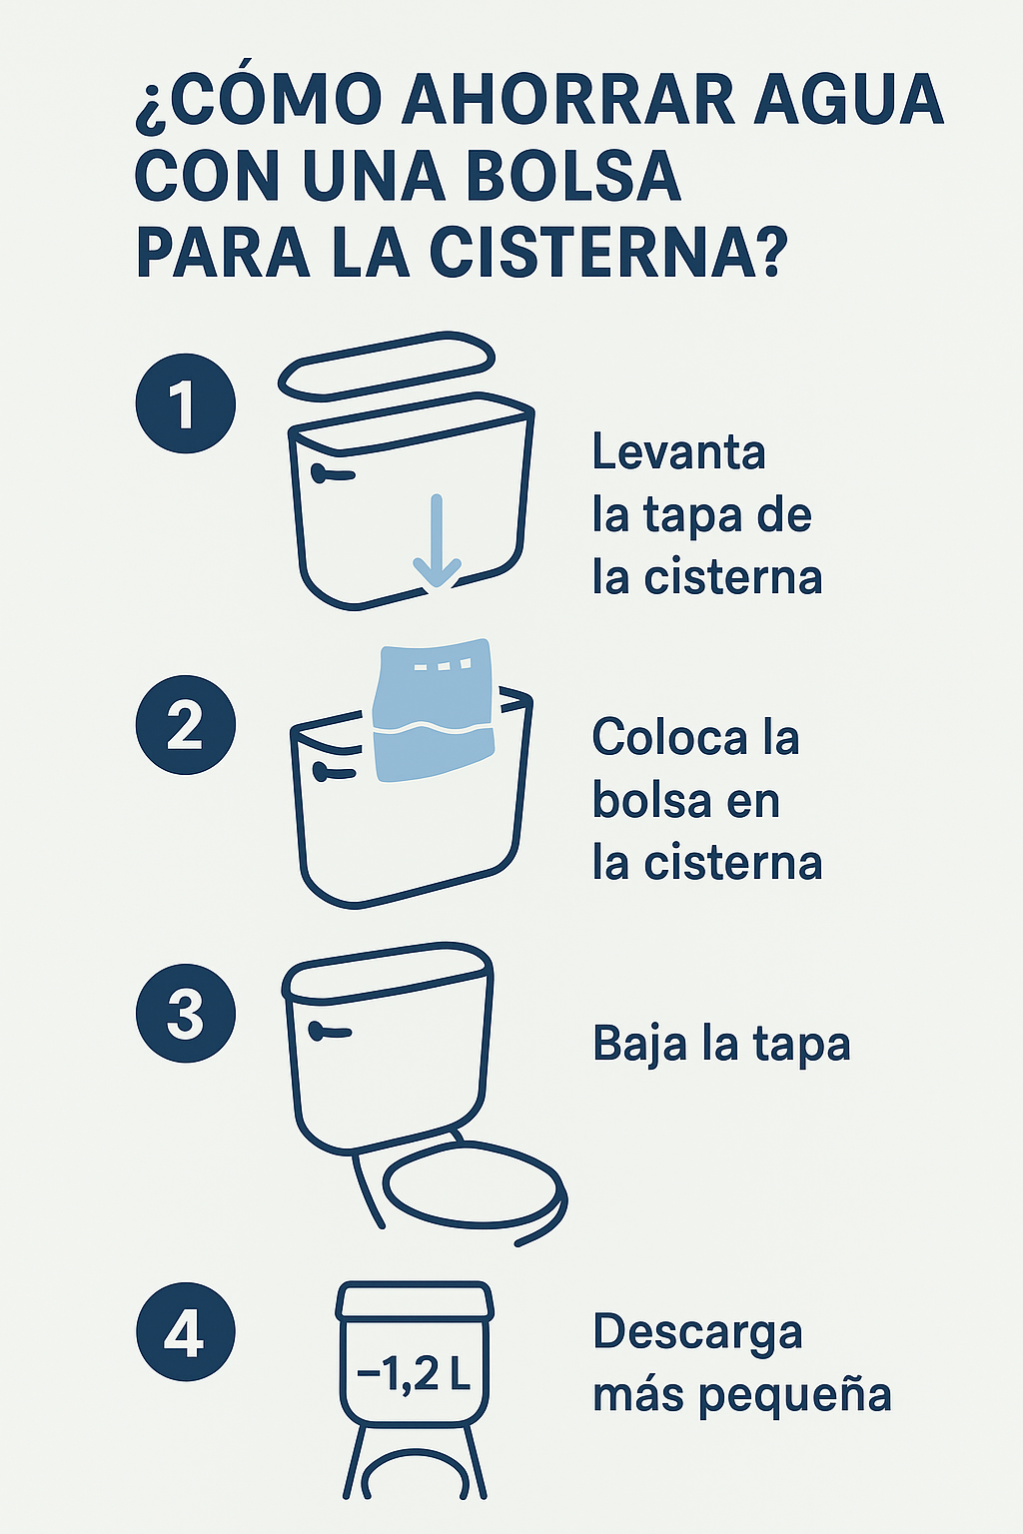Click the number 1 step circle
coord(186,403)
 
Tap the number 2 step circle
coord(186,725)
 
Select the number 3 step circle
coord(186,1013)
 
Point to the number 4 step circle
coord(186,1332)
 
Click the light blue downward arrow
coord(437,541)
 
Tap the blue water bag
coord(434,709)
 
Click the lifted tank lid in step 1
coord(387,367)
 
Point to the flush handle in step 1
coord(333,474)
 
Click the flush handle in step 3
coord(330,1031)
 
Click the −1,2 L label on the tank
coord(414,1372)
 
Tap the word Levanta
coord(678,452)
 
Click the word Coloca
coord(668,738)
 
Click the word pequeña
coord(794,1396)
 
